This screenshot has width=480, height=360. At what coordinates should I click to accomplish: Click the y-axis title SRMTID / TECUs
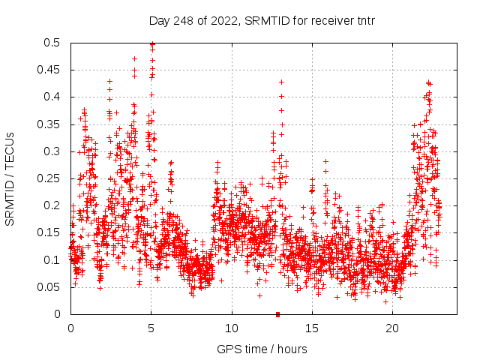click(10, 178)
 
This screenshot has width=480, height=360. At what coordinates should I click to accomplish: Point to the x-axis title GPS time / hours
click(262, 349)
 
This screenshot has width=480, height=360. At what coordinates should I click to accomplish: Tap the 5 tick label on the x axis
click(151, 329)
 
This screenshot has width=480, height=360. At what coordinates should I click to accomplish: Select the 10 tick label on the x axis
click(232, 329)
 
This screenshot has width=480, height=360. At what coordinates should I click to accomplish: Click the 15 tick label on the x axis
click(312, 329)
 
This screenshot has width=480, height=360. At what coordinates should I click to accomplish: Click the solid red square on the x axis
click(278, 314)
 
